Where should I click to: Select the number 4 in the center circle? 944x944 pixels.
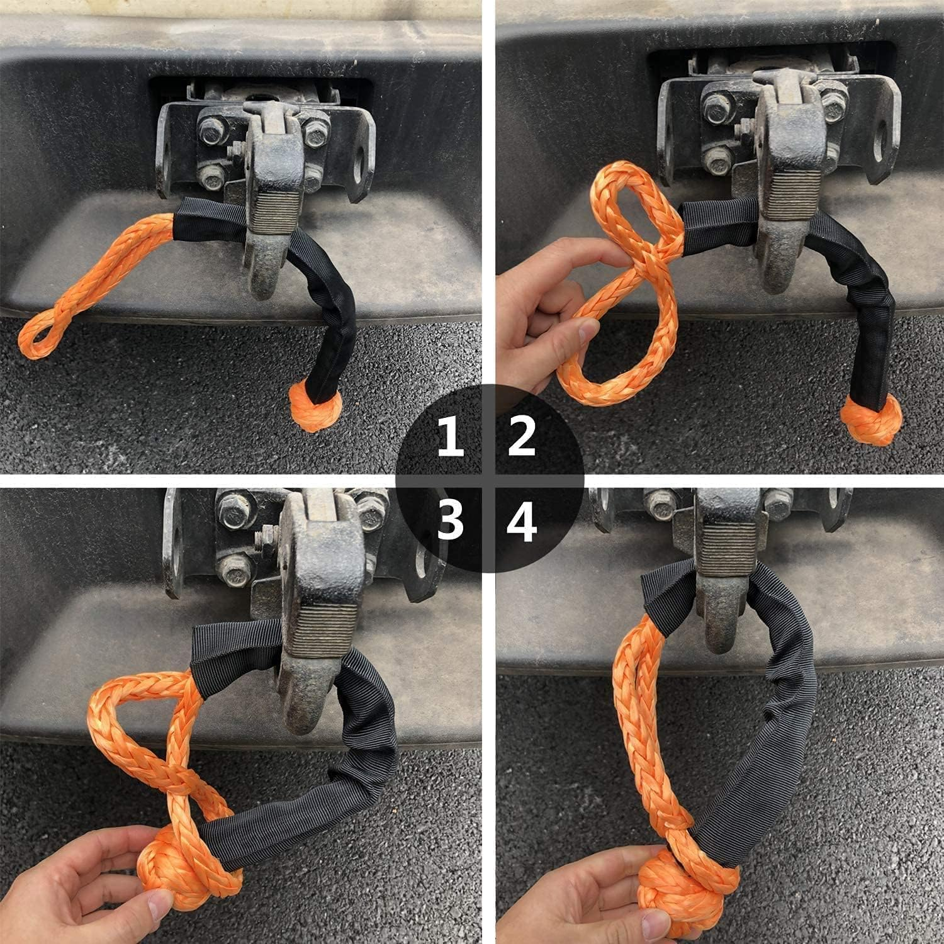click(x=522, y=522)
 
